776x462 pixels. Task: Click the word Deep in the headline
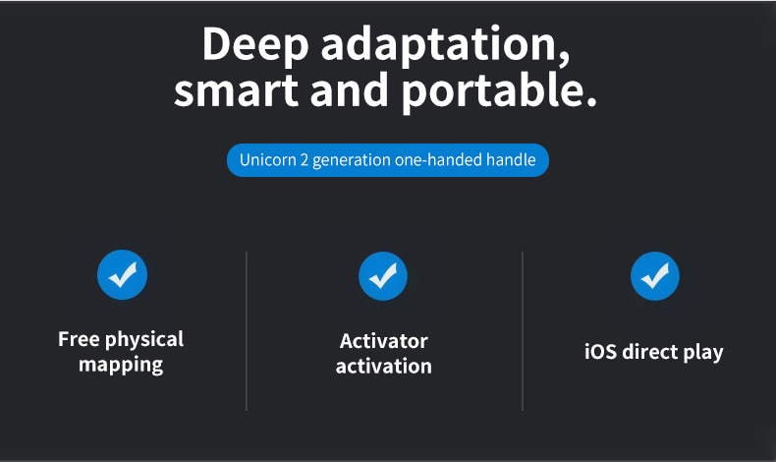(255, 45)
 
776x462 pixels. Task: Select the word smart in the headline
(236, 90)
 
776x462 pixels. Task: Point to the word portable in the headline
(498, 91)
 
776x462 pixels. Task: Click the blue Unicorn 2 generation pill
(388, 160)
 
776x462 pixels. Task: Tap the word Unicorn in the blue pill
(268, 160)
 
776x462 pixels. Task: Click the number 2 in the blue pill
(305, 160)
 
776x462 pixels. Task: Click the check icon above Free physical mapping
(122, 275)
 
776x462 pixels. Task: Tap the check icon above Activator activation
(383, 276)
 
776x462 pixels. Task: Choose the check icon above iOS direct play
(655, 276)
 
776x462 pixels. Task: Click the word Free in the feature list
(79, 339)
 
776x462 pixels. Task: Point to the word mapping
(121, 366)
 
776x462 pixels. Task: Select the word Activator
(383, 341)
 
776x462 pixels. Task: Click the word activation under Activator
(383, 367)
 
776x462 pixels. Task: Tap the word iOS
(600, 352)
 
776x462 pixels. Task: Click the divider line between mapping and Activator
(247, 331)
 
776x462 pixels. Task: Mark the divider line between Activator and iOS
(523, 331)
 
